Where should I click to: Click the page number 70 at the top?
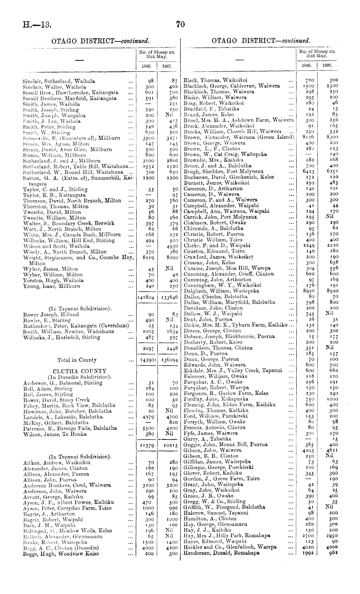tap(180, 24)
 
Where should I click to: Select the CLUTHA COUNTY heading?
tap(79, 371)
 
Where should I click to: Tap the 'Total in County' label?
tap(77, 360)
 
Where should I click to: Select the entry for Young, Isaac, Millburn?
tap(52, 286)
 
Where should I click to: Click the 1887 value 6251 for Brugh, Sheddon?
tap(331, 171)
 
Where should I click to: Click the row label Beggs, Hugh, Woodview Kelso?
tap(61, 554)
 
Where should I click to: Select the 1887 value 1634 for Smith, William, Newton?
tap(171, 331)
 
